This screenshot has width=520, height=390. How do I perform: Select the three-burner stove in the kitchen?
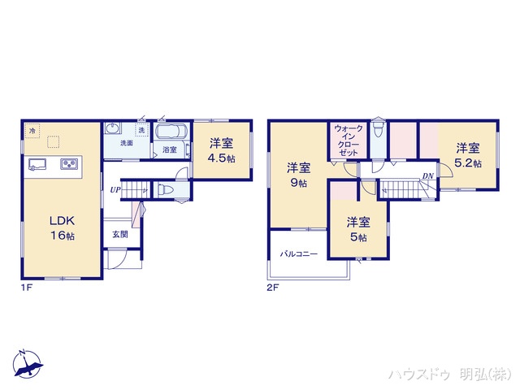tap(67, 165)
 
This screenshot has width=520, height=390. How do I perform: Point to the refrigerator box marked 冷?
tap(32, 131)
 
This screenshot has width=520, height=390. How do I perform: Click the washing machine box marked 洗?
tap(141, 131)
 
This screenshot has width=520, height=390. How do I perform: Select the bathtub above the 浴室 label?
tap(171, 132)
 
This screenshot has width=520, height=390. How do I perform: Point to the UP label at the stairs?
tap(116, 190)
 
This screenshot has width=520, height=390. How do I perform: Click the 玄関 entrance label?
tap(120, 235)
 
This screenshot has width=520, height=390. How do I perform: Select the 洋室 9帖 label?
tap(298, 175)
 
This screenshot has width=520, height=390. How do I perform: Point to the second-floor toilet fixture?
tap(377, 132)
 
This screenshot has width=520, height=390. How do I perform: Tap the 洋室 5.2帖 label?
tap(467, 155)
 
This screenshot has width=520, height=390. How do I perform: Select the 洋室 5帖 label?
tap(357, 228)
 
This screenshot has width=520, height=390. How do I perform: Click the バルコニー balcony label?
tap(298, 254)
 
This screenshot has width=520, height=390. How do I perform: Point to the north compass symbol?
tap(26, 364)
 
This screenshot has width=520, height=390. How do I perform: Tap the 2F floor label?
tap(271, 287)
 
